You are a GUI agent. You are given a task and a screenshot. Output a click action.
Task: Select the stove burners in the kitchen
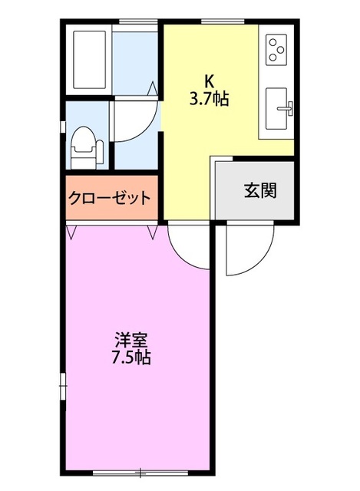click(x=275, y=50)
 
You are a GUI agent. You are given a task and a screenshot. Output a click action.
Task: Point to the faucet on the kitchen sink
click(x=289, y=107)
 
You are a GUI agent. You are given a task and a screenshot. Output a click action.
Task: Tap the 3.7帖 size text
click(x=210, y=98)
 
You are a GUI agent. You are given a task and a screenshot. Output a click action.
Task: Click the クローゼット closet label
click(x=110, y=197)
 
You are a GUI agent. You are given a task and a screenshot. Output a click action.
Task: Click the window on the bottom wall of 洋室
click(x=139, y=470)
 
